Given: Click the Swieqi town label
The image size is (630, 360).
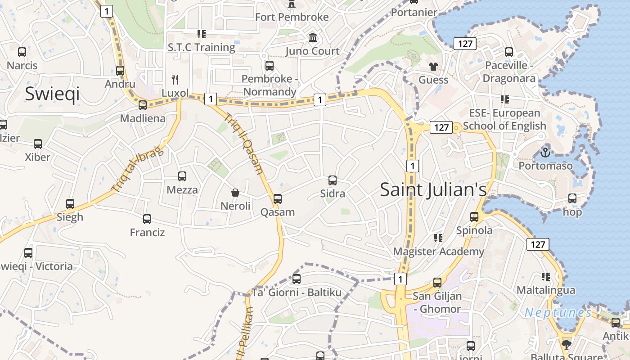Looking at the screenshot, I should [x=52, y=94].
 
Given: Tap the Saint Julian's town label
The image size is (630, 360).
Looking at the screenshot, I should [x=433, y=189].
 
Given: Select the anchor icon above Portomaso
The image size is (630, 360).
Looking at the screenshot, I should [x=545, y=153].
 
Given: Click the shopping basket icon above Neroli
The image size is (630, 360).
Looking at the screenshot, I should [x=235, y=193].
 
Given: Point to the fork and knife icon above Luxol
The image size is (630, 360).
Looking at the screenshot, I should [x=175, y=80].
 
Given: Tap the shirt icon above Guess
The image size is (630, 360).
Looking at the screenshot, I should [x=433, y=67].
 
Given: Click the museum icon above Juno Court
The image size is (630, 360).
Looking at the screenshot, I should [x=312, y=37].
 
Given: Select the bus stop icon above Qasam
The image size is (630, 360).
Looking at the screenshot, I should [x=278, y=198].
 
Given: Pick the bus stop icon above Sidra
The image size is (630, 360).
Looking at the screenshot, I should [x=333, y=180].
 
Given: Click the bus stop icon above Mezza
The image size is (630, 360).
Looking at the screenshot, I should [x=182, y=176].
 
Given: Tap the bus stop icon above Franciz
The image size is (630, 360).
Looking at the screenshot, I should [x=147, y=219].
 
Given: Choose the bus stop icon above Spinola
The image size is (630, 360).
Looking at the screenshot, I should [x=474, y=217].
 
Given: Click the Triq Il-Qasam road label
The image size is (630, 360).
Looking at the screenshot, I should [x=243, y=143].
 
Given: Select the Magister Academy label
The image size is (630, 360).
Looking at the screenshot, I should [x=439, y=252].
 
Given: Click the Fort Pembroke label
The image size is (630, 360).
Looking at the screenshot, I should [x=292, y=17].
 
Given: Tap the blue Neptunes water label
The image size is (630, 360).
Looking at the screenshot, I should [x=558, y=312].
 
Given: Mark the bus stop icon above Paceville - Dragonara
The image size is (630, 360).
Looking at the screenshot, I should [x=509, y=52].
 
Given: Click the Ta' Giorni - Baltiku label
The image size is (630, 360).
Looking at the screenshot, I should [x=297, y=292].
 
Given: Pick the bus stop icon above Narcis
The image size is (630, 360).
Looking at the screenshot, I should [x=22, y=52].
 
